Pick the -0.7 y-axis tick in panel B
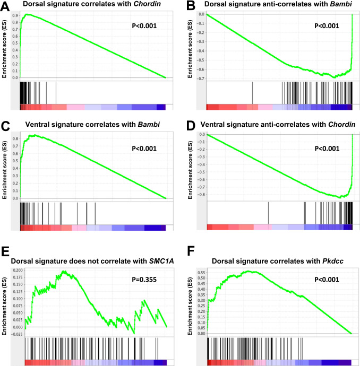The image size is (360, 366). pos(199,79)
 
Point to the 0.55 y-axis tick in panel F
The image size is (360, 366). pos(199,271)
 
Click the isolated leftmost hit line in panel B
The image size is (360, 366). pos(252,92)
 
